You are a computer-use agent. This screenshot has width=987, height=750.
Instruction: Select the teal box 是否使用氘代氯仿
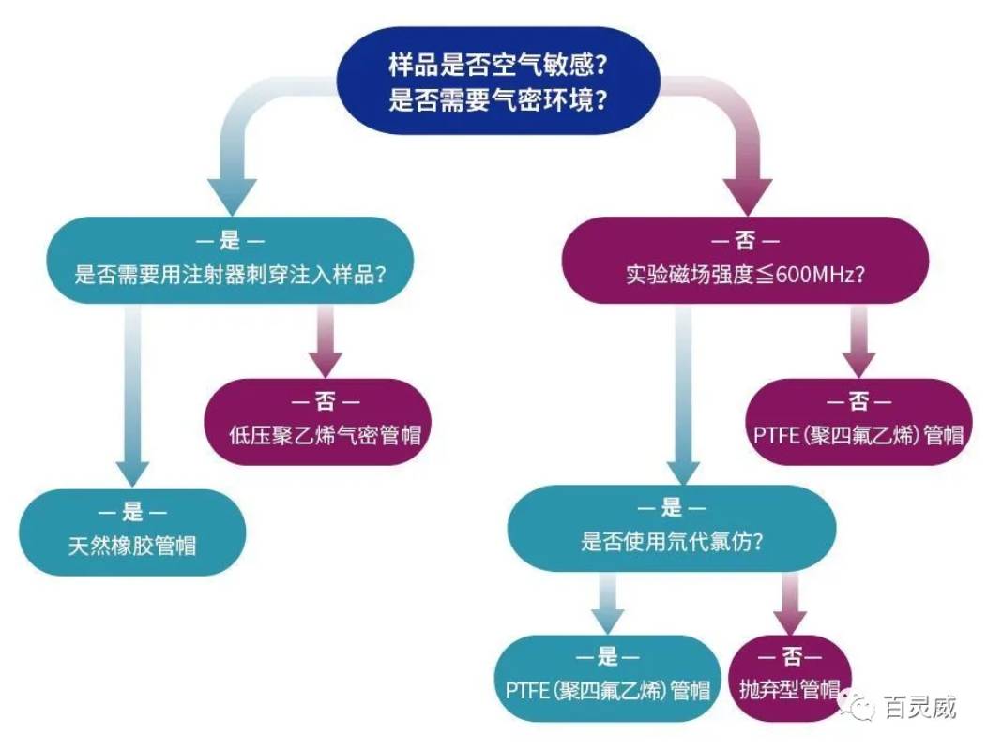[x=671, y=527]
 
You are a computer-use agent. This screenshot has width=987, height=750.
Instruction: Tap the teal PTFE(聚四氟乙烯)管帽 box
[x=606, y=677]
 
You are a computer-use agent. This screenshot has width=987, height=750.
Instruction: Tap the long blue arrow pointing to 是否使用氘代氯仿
[x=683, y=394]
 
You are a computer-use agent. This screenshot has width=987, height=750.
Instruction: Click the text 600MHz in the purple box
[x=813, y=276]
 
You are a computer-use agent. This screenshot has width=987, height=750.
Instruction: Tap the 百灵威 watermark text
[x=919, y=707]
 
